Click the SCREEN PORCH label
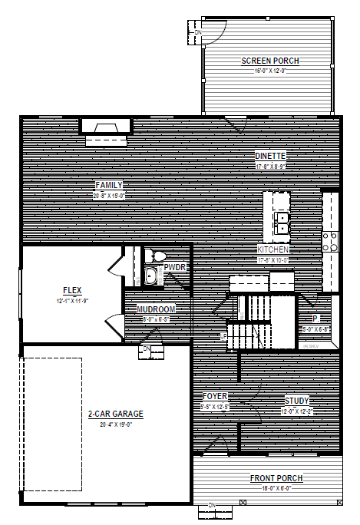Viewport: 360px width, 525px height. (x=270, y=61)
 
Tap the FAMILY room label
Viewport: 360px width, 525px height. (x=109, y=185)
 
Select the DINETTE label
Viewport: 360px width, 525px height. (x=270, y=156)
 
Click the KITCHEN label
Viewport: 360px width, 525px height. (x=272, y=250)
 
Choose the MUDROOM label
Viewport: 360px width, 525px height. (x=157, y=309)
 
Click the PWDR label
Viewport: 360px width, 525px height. (x=175, y=266)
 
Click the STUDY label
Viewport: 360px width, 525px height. (x=297, y=401)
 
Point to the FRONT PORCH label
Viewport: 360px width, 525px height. (x=276, y=478)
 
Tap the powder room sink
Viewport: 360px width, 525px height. (x=151, y=276)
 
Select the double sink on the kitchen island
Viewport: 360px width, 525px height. (x=282, y=223)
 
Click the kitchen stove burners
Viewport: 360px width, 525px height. (x=330, y=241)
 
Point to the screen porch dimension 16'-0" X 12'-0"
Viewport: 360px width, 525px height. (x=270, y=71)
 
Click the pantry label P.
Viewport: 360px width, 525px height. (x=315, y=319)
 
